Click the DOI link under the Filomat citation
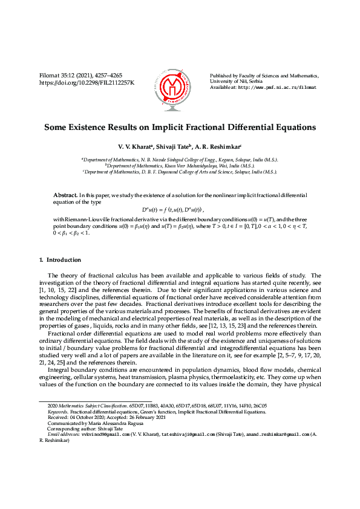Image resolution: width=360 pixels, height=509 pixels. tap(87, 82)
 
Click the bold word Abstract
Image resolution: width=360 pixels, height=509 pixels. tap(65, 196)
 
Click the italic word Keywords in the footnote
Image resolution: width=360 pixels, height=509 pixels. tap(57, 411)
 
